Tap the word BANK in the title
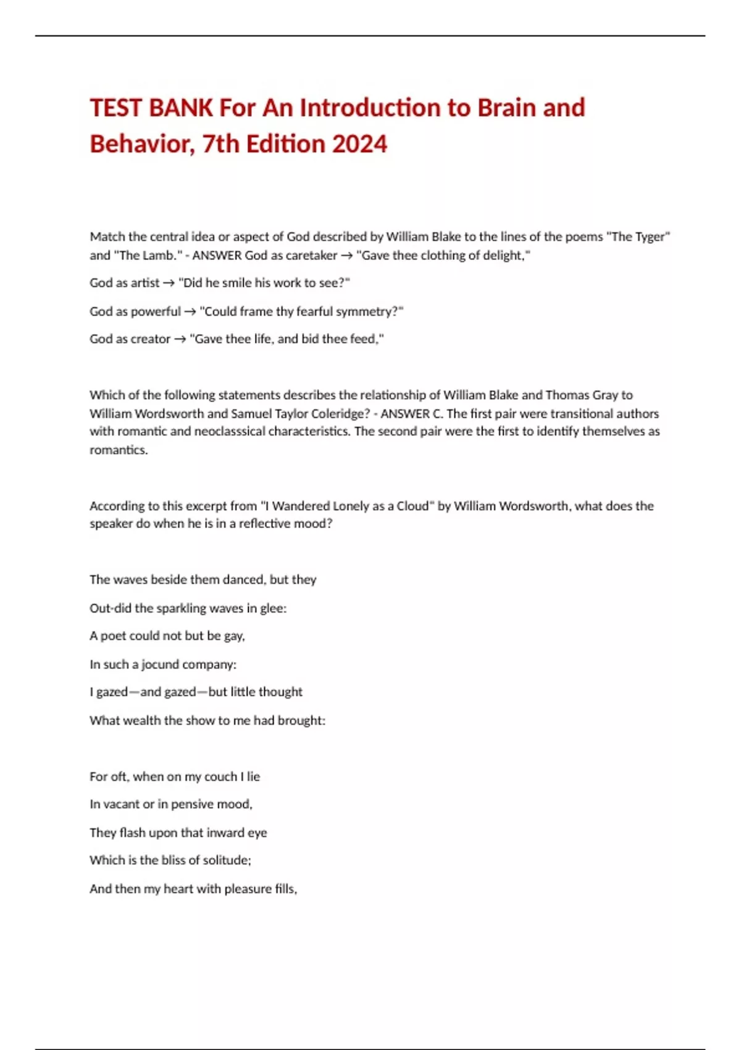click(181, 108)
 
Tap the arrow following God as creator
click(180, 339)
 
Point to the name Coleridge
click(337, 413)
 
